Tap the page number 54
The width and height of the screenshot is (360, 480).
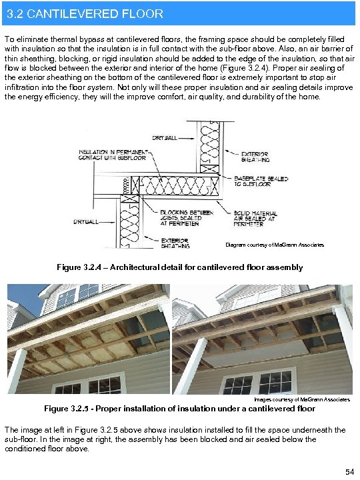[349, 472]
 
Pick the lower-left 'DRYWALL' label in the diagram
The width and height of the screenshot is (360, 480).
[87, 221]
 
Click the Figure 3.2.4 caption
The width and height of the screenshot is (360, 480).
[180, 267]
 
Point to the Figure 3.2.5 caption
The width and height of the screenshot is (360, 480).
[179, 408]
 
